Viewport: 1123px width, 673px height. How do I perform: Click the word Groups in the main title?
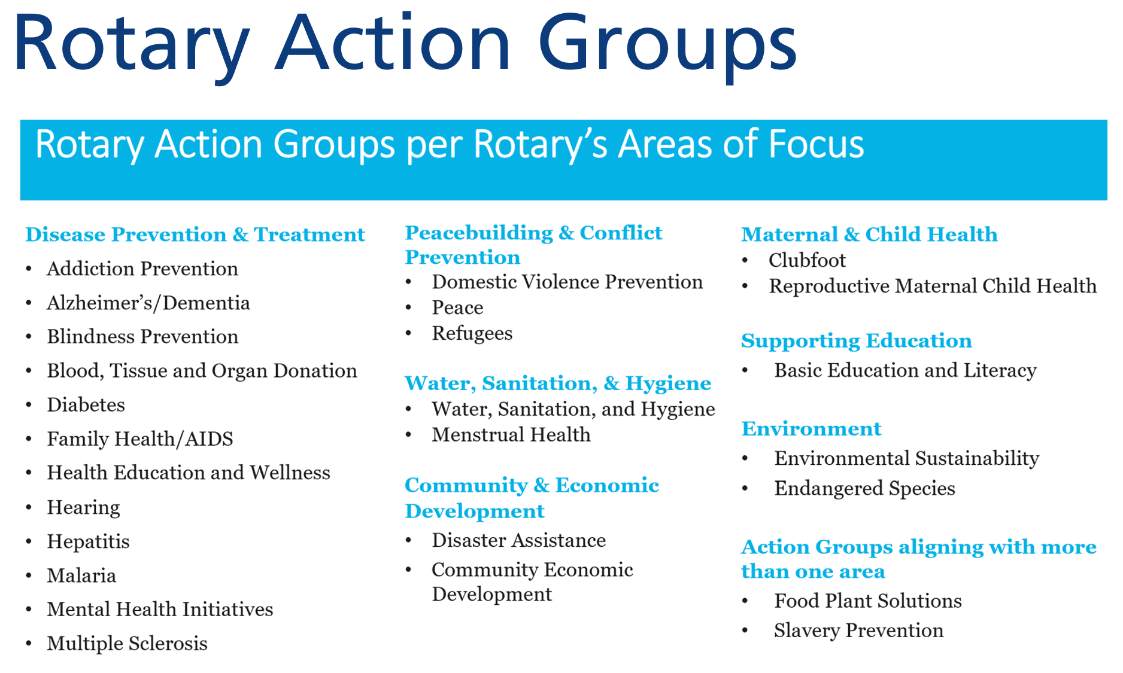667,48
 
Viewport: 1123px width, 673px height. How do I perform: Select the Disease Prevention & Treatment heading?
195,235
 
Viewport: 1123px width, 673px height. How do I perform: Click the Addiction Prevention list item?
142,269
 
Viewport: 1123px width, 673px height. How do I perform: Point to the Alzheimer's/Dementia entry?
148,303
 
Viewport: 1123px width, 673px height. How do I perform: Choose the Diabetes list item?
86,405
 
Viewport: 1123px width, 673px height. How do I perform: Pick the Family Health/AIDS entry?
140,439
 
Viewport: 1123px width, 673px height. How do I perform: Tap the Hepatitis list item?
89,541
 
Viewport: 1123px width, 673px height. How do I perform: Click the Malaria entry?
81,575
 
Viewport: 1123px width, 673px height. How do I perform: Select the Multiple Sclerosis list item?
128,644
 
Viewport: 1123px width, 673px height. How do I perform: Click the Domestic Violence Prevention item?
567,282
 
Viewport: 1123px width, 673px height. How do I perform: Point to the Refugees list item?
472,334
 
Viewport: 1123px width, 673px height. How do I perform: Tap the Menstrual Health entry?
511,434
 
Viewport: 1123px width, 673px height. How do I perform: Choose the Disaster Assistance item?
519,540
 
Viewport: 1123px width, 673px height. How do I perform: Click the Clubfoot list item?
807,260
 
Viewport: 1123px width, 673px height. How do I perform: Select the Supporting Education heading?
857,341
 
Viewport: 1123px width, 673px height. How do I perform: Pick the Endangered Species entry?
864,489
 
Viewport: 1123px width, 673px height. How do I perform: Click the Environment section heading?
811,429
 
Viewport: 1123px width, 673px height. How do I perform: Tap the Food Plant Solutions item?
868,601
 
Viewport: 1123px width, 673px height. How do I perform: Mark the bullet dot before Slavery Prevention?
745,631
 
